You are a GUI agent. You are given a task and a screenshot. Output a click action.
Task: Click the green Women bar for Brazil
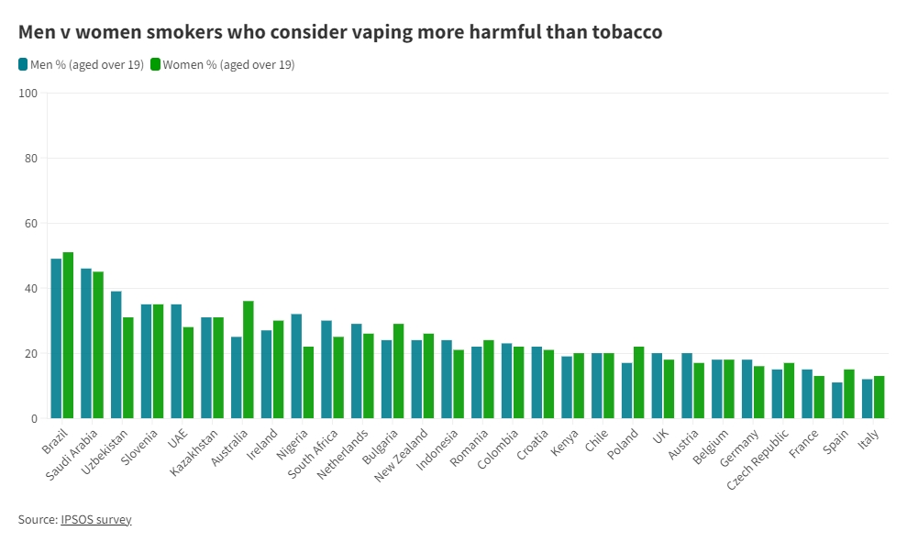[x=68, y=335]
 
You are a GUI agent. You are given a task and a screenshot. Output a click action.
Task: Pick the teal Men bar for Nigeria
[x=296, y=366]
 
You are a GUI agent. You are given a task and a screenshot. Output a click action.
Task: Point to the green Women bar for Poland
[x=639, y=382]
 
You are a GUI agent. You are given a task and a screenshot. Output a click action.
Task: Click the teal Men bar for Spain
[x=837, y=400]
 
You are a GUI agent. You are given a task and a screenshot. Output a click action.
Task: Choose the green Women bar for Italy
[x=879, y=397]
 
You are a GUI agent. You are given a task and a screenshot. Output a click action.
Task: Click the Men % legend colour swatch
[x=23, y=64]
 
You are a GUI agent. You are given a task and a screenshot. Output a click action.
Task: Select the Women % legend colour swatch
[x=156, y=64]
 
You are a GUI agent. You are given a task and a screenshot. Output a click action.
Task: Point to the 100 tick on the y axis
[x=28, y=93]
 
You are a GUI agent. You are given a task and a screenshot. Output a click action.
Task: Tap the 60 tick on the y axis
[x=30, y=223]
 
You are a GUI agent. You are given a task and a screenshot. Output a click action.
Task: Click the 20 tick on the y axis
[x=30, y=353]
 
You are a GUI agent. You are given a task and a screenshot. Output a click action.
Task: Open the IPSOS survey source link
[x=96, y=519]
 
